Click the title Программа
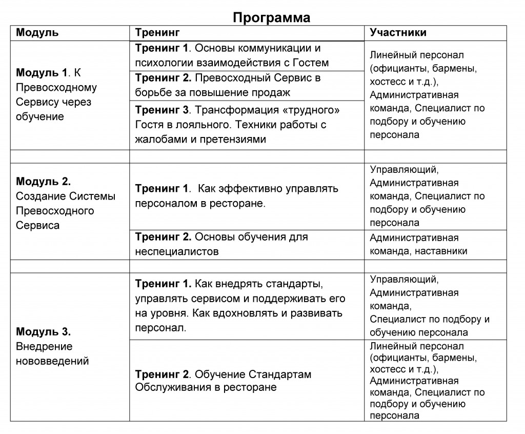coord(272,17)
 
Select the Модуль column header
coord(37,33)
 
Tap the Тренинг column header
coord(157,33)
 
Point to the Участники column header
coord(398,33)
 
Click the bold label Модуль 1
coord(42,73)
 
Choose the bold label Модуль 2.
coord(43,181)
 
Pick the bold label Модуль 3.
coord(43,331)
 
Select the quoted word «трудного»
coord(315,110)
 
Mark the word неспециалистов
coord(177,252)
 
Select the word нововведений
coord(52,361)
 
